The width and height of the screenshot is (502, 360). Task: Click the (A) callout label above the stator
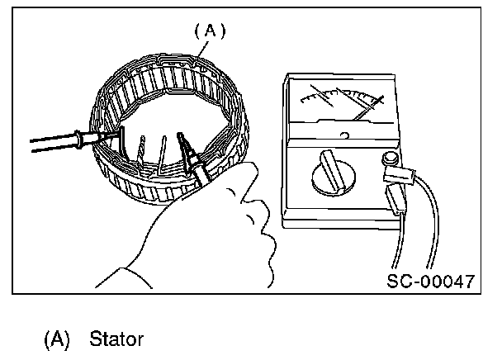point(210,31)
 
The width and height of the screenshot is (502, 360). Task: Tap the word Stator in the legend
point(116,339)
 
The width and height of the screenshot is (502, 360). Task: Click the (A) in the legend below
point(57,339)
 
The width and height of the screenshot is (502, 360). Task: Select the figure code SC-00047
point(430,281)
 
